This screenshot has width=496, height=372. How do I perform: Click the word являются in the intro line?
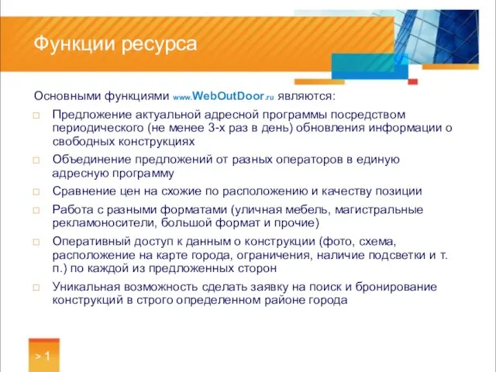tap(306, 97)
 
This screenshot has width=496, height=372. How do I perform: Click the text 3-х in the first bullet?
tap(238, 128)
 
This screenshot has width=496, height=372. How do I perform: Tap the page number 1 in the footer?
tap(47, 356)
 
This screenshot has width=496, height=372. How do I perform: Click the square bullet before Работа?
tap(36, 210)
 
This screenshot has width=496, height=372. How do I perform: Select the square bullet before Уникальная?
tap(36, 287)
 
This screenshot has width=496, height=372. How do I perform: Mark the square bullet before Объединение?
tap(36, 160)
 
